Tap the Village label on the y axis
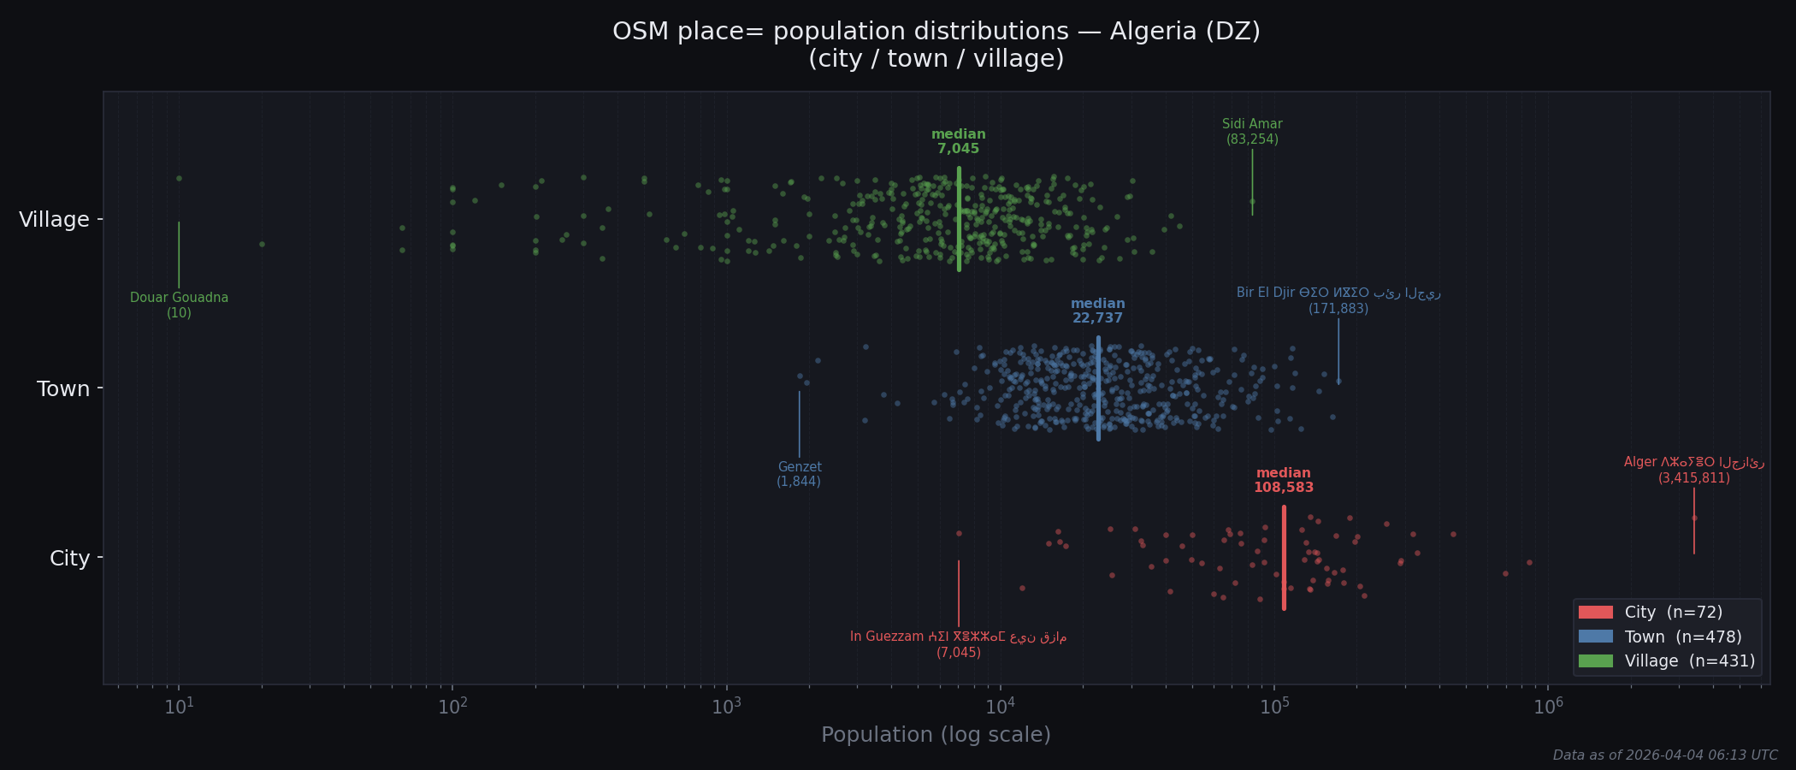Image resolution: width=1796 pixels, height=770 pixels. [x=54, y=220]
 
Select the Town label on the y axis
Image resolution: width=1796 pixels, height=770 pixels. [x=63, y=389]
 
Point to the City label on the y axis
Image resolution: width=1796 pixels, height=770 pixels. [x=69, y=559]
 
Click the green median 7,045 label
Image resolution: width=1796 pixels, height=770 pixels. [x=958, y=142]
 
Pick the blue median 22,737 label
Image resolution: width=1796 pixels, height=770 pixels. [x=1097, y=311]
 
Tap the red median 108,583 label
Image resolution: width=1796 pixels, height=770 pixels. [x=1283, y=481]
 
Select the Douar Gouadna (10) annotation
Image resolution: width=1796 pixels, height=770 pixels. [x=179, y=305]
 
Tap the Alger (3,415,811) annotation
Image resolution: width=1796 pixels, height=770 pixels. [x=1693, y=471]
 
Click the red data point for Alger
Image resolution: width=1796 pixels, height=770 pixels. [x=1694, y=518]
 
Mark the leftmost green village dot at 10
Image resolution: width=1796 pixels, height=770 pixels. [x=179, y=179]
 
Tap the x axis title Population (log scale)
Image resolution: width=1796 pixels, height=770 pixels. [x=936, y=735]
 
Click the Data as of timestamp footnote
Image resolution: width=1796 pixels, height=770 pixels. [x=1664, y=755]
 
